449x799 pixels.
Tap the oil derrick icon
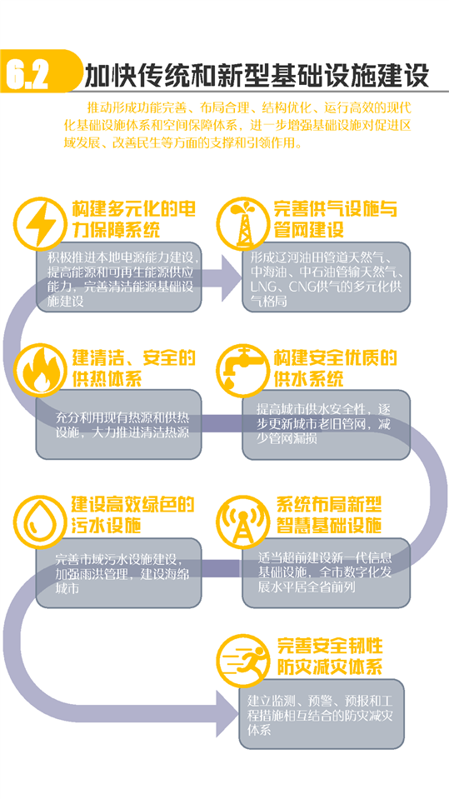242,222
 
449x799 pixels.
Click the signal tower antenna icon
242,518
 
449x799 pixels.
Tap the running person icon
242,660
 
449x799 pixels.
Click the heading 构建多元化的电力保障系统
133,220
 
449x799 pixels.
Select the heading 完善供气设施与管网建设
335,220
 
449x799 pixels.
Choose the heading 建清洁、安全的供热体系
133,368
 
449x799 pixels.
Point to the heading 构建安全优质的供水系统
335,368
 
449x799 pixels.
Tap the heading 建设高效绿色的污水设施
133,515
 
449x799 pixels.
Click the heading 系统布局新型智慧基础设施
330,515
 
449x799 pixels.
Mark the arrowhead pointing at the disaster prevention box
227,713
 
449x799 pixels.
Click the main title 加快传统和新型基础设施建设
257,75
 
